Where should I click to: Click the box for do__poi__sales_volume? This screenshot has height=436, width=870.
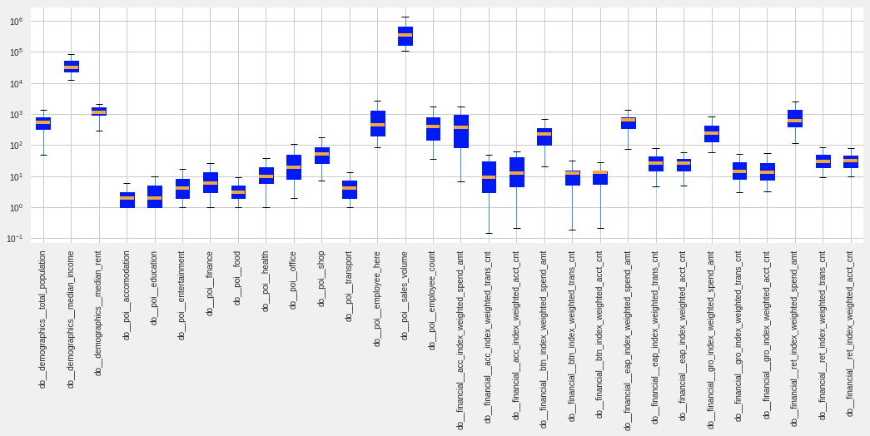coord(405,36)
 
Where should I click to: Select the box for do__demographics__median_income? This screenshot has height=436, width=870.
coord(71,67)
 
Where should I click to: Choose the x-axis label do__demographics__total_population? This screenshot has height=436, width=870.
coord(42,319)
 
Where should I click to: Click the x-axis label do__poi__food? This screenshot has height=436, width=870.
coord(237,278)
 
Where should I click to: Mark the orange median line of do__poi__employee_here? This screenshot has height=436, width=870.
coord(377,125)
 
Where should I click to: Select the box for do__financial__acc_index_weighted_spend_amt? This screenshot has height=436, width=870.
coord(460,131)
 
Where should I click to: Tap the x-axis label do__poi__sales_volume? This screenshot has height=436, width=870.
coord(405,295)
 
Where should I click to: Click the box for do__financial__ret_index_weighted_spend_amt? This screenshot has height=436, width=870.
coord(794,118)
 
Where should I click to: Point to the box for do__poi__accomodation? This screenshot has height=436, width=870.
coord(127,200)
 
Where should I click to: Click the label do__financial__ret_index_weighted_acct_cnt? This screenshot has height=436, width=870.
coord(850,333)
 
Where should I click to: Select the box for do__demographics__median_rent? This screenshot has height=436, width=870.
coord(98,111)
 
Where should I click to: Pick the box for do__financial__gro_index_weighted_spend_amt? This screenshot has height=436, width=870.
coord(711,134)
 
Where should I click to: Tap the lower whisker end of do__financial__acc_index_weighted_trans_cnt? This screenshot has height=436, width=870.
coord(489,233)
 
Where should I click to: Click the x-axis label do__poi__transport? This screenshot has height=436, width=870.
coord(349,285)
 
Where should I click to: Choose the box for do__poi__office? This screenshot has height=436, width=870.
coord(293,167)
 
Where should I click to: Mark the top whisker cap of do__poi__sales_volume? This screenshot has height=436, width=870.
coord(405,17)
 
